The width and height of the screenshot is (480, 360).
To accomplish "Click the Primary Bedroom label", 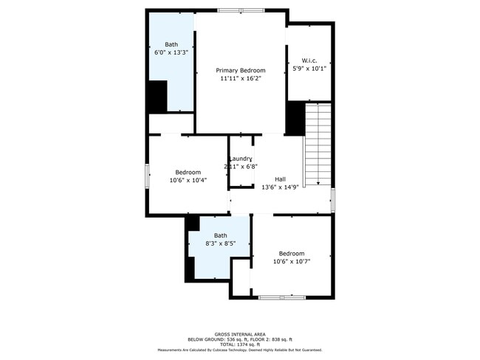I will [240, 70].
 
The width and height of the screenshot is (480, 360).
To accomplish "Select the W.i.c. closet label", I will [309, 60].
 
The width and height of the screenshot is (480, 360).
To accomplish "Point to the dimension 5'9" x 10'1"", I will [309, 69].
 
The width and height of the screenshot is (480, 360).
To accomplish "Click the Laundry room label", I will [241, 159].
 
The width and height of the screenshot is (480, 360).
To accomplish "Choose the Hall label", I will [281, 179].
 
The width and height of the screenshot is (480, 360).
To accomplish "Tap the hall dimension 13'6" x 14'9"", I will [281, 187].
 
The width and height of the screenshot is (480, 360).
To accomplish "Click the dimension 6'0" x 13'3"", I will [171, 53].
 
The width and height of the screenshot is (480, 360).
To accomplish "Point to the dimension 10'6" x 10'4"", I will [188, 180].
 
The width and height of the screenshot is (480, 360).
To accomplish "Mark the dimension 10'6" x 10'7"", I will [291, 261].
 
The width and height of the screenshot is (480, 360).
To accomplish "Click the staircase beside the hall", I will [318, 144].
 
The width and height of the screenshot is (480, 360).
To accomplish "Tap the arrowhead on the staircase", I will [318, 183].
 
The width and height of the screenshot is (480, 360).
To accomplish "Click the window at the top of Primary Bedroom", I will [241, 10].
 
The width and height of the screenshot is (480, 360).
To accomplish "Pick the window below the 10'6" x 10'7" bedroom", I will [281, 297].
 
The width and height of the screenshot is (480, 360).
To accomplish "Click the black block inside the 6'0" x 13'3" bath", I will [157, 96].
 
